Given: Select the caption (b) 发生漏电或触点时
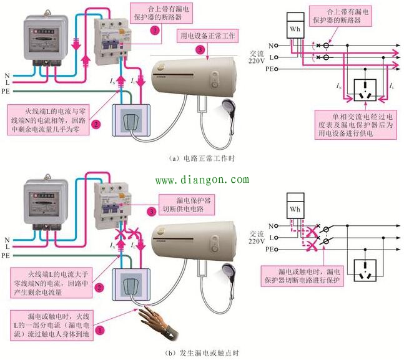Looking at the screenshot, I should (201, 353).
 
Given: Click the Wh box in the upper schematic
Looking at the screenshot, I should (293, 28).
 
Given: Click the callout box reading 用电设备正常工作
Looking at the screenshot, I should (207, 36).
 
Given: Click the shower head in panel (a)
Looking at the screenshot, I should (225, 110).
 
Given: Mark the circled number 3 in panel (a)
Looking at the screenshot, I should (199, 49).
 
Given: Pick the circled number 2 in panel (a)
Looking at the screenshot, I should (96, 124).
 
